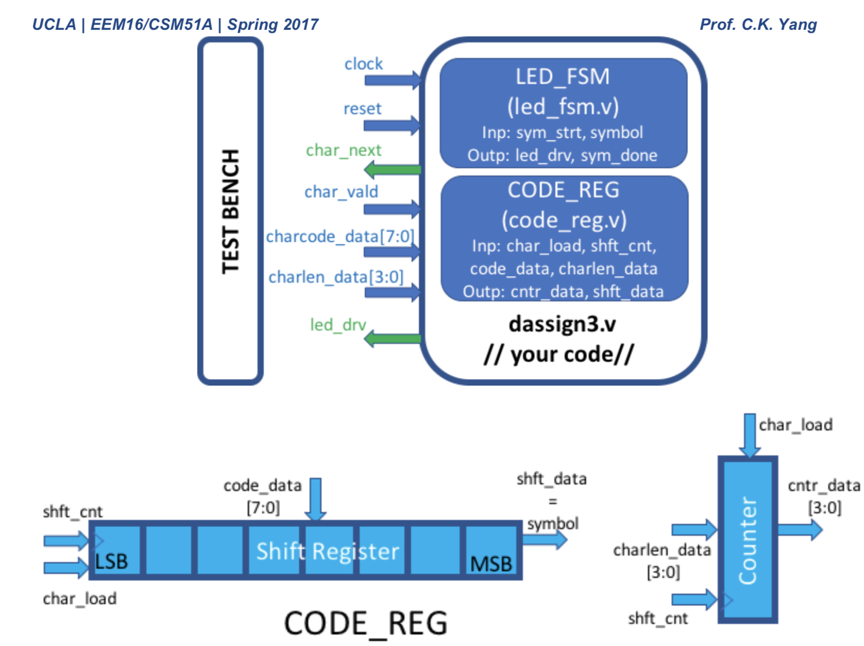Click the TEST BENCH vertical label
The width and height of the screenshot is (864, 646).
click(x=230, y=212)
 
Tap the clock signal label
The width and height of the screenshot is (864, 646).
click(x=363, y=64)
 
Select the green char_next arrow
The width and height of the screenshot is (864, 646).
click(x=392, y=170)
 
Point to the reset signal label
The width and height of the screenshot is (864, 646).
click(x=362, y=109)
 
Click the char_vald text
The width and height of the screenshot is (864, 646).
click(x=341, y=192)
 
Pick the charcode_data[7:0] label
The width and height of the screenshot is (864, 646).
click(x=340, y=236)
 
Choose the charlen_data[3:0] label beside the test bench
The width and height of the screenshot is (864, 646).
click(x=336, y=277)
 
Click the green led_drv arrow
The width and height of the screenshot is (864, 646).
click(x=392, y=338)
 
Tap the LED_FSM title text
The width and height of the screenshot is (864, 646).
click(x=562, y=77)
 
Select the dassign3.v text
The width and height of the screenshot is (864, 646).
click(x=562, y=324)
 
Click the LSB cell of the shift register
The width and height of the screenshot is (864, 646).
click(x=115, y=550)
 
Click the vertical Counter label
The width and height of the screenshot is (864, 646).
click(x=748, y=540)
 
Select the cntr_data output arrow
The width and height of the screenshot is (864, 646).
click(x=800, y=530)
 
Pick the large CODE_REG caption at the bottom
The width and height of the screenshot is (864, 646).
click(x=366, y=623)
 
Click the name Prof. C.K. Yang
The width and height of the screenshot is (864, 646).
click(x=758, y=24)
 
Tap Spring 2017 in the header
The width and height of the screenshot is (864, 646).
click(x=273, y=24)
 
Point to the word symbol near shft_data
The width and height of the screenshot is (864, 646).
click(x=553, y=523)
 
